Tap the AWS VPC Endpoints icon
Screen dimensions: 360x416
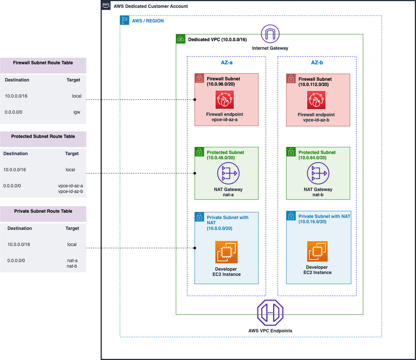[270, 312]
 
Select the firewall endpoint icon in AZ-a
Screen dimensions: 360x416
[225, 100]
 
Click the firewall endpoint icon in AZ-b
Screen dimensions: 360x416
[316, 100]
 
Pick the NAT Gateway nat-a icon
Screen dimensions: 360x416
[228, 173]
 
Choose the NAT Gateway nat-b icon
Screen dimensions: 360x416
[318, 173]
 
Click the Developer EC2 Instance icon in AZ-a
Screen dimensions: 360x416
[226, 252]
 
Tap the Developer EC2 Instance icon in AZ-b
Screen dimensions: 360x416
[317, 252]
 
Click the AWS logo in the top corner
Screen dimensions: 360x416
[106, 6]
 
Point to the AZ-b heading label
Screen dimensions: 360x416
[317, 62]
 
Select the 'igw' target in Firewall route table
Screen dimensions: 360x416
[77, 112]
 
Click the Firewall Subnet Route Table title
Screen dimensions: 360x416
[43, 63]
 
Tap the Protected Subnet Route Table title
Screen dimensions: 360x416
[43, 136]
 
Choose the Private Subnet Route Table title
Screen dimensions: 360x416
[43, 211]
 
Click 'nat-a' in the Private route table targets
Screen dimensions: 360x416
[72, 261]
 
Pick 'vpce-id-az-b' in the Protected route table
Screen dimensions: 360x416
[70, 191]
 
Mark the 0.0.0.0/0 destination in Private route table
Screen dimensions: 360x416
[16, 261]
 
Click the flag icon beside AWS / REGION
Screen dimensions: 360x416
[125, 21]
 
